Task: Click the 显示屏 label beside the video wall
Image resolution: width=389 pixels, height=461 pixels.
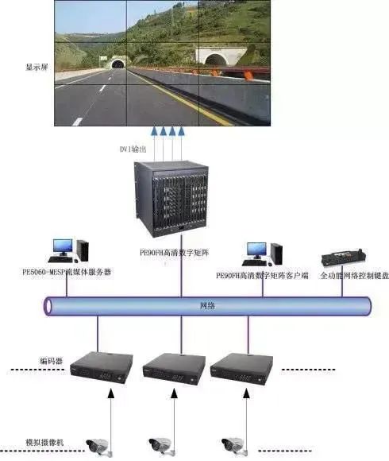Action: [x=37, y=68]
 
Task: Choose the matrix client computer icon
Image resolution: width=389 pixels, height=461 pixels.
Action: [x=263, y=254]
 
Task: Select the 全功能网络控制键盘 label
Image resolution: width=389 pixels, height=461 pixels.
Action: [x=344, y=275]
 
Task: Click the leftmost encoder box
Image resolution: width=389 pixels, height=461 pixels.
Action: [x=99, y=366]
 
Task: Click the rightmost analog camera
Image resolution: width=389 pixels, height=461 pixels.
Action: [x=233, y=444]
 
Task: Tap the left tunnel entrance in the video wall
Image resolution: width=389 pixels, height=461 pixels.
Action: [x=119, y=62]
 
